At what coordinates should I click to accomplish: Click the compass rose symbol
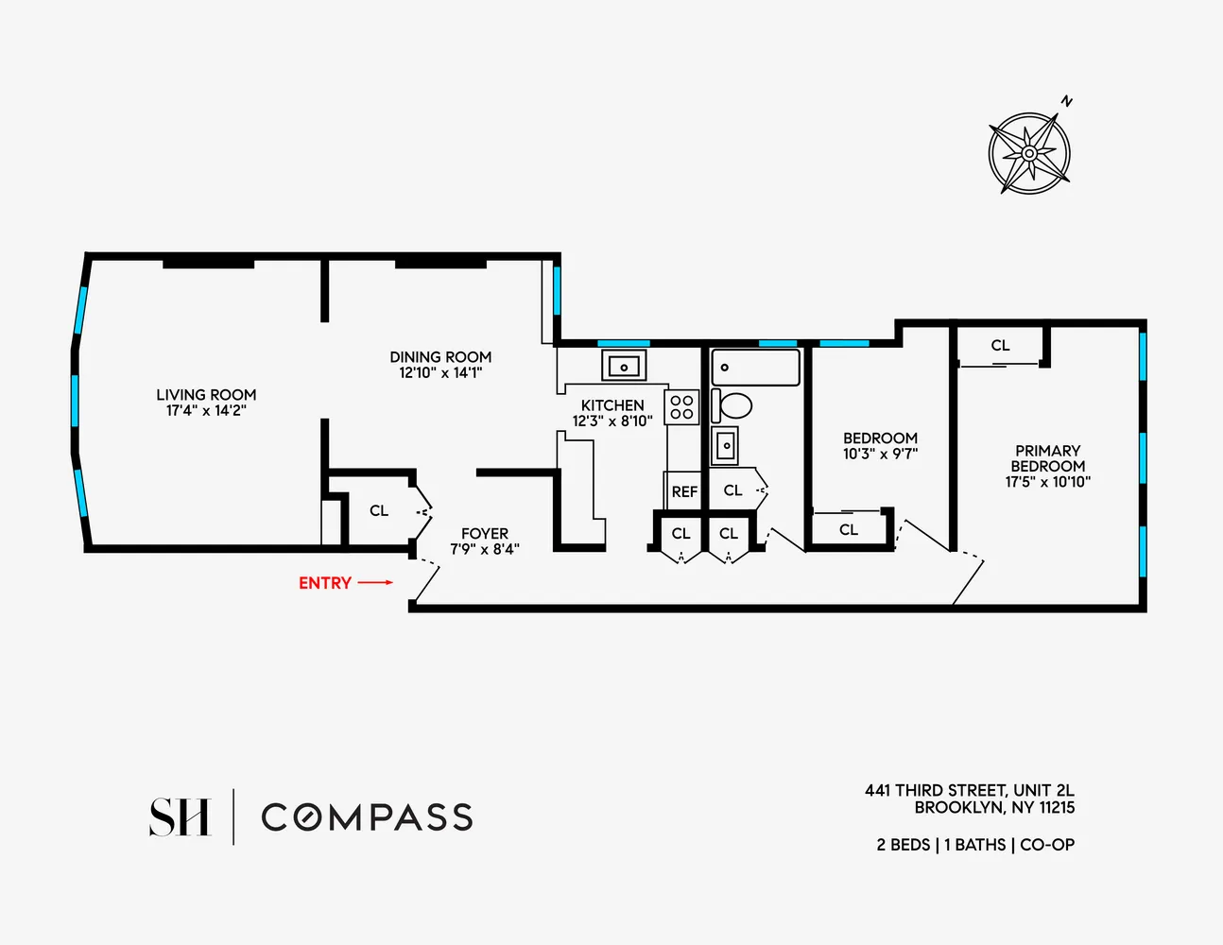click(1029, 152)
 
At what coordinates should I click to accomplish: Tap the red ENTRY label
click(325, 583)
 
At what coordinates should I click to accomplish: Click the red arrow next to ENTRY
click(375, 583)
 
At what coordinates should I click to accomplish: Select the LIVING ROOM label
click(206, 395)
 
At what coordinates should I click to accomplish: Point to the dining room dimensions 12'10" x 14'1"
click(440, 373)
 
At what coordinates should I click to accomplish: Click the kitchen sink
click(624, 366)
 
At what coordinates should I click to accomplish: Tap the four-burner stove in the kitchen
click(682, 407)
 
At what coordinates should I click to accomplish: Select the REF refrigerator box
click(684, 491)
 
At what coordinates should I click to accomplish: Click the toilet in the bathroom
click(732, 406)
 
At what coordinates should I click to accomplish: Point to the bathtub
click(755, 367)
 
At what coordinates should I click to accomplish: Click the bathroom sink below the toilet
click(725, 445)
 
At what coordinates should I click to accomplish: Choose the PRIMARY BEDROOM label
click(1047, 458)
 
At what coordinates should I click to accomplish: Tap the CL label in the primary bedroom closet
click(1000, 346)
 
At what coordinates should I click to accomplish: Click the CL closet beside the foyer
click(379, 510)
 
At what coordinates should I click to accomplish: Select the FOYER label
click(485, 534)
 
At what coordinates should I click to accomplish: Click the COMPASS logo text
click(367, 817)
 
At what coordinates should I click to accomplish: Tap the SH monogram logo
click(180, 817)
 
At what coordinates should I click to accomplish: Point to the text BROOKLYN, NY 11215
click(994, 808)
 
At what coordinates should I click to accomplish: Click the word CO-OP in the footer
click(1047, 845)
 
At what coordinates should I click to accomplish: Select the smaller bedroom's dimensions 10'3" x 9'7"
click(880, 454)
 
